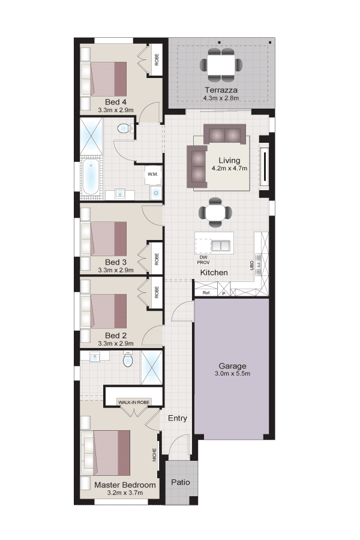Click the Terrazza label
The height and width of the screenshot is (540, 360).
[221, 90]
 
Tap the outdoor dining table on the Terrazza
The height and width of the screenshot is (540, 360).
[221, 65]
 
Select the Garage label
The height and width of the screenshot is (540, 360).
[233, 366]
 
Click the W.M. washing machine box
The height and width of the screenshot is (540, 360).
[152, 174]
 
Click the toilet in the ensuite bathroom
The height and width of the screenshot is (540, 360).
[128, 359]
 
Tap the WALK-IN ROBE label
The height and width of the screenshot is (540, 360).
[134, 402]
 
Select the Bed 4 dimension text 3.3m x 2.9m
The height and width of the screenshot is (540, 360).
[116, 110]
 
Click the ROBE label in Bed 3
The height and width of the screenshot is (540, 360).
[157, 259]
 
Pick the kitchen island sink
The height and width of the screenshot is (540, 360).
[220, 246]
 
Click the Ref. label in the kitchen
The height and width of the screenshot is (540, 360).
[206, 293]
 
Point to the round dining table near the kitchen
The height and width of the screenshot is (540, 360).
[215, 213]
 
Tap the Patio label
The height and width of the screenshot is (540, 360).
[181, 482]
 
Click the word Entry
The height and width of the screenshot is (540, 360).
[178, 418]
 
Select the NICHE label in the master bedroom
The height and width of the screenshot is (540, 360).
[155, 455]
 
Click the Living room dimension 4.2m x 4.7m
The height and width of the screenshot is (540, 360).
[229, 169]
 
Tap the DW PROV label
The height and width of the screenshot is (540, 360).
[203, 260]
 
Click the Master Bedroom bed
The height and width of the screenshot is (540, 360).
[106, 452]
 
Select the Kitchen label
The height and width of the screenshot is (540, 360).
[214, 273]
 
